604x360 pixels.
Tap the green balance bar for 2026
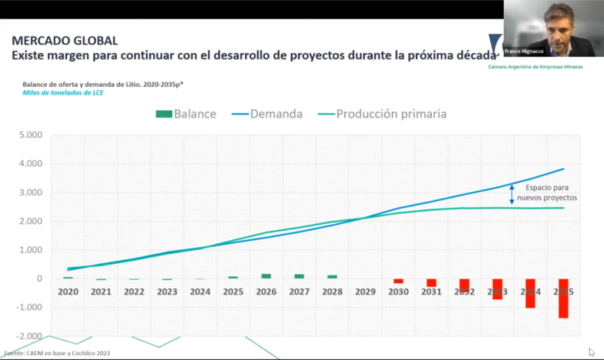266,276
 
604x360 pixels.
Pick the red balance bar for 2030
398,281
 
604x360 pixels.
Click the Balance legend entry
186,114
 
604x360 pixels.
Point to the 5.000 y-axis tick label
31,135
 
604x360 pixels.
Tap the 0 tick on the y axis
39,279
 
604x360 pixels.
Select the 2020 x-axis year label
68,292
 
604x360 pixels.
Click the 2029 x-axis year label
365,292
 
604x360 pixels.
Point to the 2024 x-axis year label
200,292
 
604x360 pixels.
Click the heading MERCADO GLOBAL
65,41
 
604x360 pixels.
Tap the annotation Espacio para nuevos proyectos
547,193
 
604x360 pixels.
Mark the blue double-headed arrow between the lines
511,194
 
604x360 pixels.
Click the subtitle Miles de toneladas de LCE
63,93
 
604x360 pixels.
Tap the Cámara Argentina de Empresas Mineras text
536,67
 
